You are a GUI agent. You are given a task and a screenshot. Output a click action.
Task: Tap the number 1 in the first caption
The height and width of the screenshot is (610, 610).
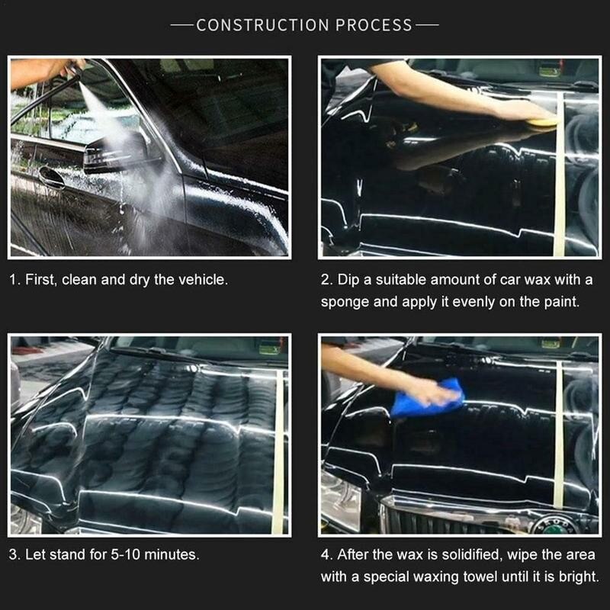point(14,280)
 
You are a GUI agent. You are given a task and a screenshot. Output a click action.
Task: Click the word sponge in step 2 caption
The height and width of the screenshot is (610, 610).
point(343,301)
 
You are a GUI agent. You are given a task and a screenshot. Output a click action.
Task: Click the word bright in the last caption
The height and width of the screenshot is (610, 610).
point(577,576)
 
